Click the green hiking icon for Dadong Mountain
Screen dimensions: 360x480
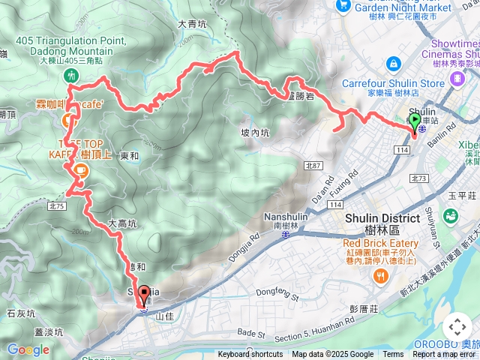(70, 75)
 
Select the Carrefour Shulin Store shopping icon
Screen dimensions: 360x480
(393, 65)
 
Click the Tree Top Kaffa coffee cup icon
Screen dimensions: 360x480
(79, 171)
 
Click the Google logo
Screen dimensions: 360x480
(28, 349)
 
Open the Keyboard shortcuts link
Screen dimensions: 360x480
(250, 355)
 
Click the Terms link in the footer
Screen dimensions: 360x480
(393, 355)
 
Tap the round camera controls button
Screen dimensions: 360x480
(457, 327)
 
